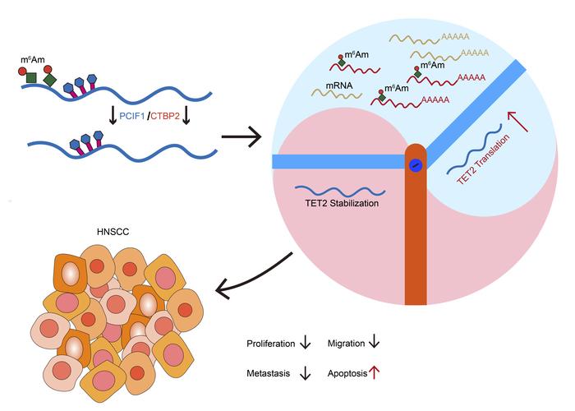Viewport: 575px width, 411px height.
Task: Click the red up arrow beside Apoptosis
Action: coord(379,372)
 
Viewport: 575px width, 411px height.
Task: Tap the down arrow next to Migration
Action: coord(378,342)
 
